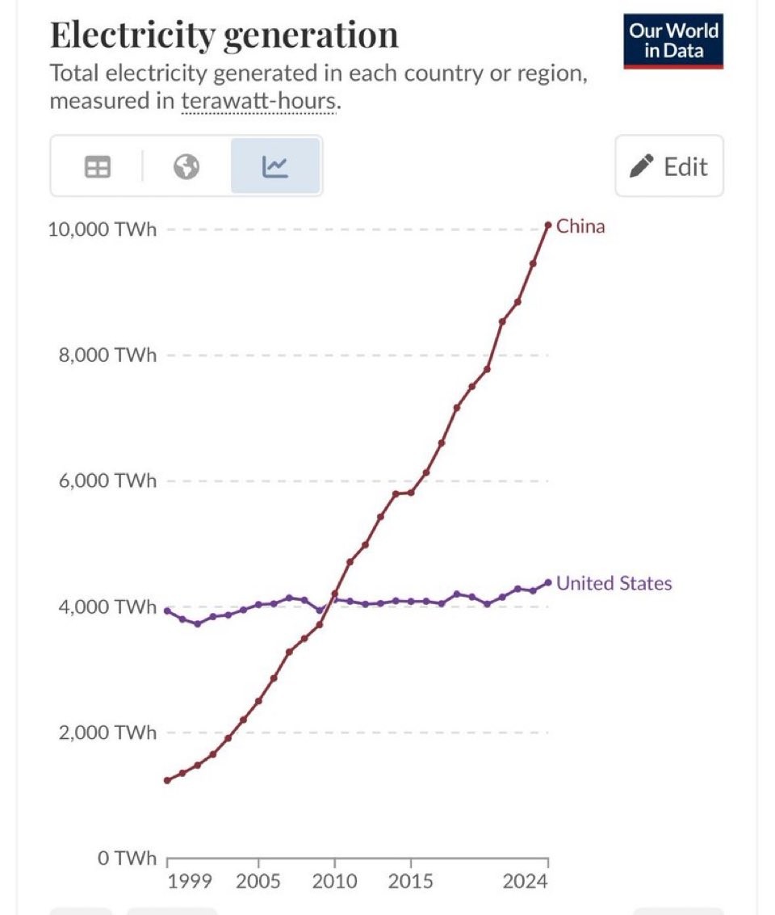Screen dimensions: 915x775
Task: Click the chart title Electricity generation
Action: [224, 36]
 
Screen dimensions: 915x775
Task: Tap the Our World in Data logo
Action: [673, 41]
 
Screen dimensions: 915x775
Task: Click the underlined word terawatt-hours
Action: [256, 103]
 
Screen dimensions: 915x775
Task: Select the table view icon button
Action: [98, 166]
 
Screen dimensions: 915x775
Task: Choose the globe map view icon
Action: [186, 166]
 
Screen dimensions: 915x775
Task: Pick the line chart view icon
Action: [275, 166]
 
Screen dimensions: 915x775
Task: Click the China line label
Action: [580, 226]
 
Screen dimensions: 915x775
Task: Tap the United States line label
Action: [614, 583]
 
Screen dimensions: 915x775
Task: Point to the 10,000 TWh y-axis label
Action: [102, 229]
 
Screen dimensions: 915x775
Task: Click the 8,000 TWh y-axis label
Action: [107, 355]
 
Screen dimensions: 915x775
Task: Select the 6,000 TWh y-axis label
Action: [107, 481]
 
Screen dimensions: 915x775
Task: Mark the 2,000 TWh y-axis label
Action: [107, 732]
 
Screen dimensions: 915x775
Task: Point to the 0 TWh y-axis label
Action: [127, 858]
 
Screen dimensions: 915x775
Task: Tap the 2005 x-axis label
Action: [258, 879]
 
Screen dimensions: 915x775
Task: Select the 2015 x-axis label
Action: [410, 879]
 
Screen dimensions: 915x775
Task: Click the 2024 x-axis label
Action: [526, 879]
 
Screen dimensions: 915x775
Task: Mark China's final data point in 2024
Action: [548, 225]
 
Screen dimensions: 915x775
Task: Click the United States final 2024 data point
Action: [548, 582]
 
